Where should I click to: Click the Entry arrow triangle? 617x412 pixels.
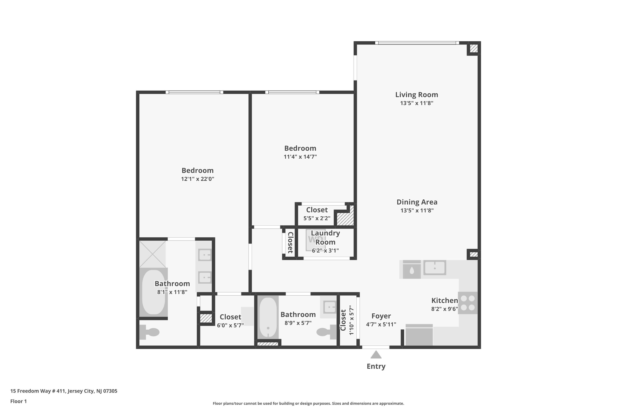(376, 355)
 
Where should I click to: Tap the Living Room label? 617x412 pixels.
(417, 95)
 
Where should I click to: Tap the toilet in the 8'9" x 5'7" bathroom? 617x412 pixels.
(327, 332)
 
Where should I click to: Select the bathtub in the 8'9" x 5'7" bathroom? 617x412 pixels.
(268, 317)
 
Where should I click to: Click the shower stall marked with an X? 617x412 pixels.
(152, 254)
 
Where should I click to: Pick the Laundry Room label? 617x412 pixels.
(325, 237)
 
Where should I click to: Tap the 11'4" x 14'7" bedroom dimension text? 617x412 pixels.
(300, 157)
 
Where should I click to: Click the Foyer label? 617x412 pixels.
(381, 316)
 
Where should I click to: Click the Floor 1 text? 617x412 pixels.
(18, 401)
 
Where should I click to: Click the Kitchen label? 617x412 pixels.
(444, 300)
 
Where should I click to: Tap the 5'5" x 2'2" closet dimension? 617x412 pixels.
(317, 218)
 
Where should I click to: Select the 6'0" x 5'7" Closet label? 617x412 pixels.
(230, 317)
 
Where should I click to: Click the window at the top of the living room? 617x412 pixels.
(417, 43)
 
